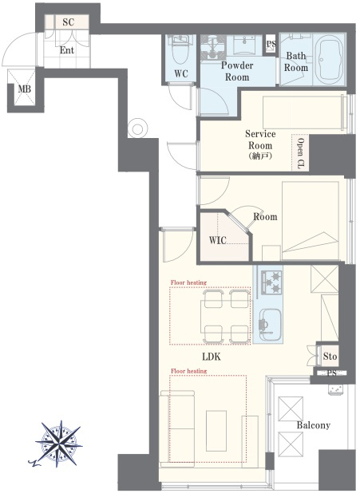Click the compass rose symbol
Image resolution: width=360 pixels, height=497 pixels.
(x=59, y=444)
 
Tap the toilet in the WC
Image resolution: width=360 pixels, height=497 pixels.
(x=180, y=50)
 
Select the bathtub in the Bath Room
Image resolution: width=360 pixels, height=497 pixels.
(x=330, y=60)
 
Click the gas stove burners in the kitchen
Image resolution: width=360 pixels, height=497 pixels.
(x=271, y=282)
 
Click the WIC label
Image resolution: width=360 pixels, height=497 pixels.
(x=218, y=240)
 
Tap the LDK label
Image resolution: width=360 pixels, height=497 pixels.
(x=212, y=357)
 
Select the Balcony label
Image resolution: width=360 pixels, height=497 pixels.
(x=314, y=425)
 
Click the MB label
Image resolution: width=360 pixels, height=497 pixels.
(x=25, y=89)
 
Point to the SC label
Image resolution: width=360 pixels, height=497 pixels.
(x=68, y=22)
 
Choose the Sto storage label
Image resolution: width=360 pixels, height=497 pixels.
(x=330, y=357)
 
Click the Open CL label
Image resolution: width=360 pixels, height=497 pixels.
(x=300, y=153)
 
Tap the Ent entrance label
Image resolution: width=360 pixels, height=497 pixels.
(x=66, y=50)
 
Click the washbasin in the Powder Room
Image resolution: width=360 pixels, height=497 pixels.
(x=245, y=45)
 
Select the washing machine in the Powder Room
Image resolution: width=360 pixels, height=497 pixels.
(x=213, y=48)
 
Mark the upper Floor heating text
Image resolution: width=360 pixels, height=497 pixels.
(x=188, y=282)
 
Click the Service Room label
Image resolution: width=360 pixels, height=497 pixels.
(x=260, y=140)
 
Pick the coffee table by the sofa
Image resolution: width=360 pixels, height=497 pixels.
(x=216, y=431)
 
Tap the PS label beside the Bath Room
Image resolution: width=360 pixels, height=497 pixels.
(x=271, y=44)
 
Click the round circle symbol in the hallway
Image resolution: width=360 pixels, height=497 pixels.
(x=137, y=128)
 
